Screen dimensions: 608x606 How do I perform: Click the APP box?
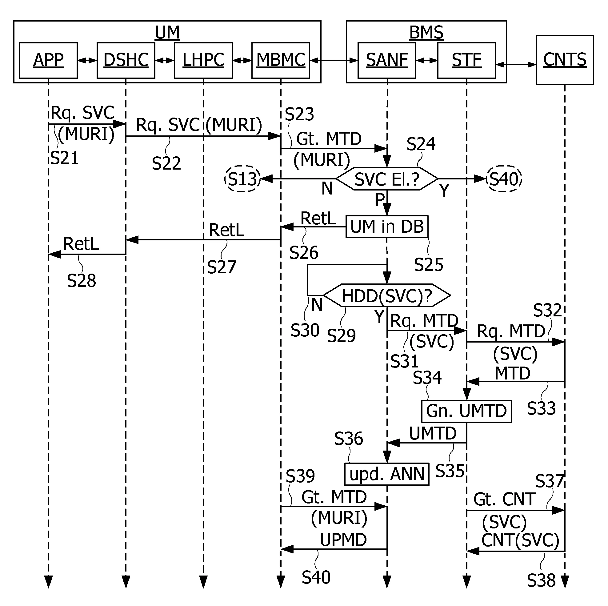click(x=49, y=60)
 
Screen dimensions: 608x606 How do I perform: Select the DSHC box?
click(x=126, y=60)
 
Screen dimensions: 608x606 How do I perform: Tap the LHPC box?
click(x=203, y=60)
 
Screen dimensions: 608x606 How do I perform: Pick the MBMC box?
click(x=281, y=60)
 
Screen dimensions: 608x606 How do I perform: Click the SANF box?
click(x=387, y=60)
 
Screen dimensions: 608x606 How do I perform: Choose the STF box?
click(x=467, y=60)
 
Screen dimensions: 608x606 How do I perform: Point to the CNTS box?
click(x=565, y=60)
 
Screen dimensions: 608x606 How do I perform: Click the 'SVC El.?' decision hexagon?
click(x=387, y=179)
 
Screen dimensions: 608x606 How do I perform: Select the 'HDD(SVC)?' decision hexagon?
click(x=387, y=295)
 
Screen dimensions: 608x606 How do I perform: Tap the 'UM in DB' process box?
click(x=387, y=226)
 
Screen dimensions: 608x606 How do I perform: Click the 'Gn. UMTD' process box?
click(x=466, y=411)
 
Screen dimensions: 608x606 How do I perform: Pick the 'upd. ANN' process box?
click(x=387, y=474)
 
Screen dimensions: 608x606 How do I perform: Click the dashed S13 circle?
click(x=243, y=179)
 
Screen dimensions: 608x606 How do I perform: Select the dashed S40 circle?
click(x=504, y=179)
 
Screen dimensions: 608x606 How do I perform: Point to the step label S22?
click(x=166, y=163)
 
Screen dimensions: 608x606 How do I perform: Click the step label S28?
click(x=81, y=280)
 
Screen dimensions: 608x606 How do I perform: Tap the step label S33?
click(x=541, y=408)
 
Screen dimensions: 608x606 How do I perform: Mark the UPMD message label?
click(x=343, y=540)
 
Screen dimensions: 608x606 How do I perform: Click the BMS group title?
click(x=426, y=32)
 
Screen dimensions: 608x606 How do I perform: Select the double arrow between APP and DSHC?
click(x=87, y=60)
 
